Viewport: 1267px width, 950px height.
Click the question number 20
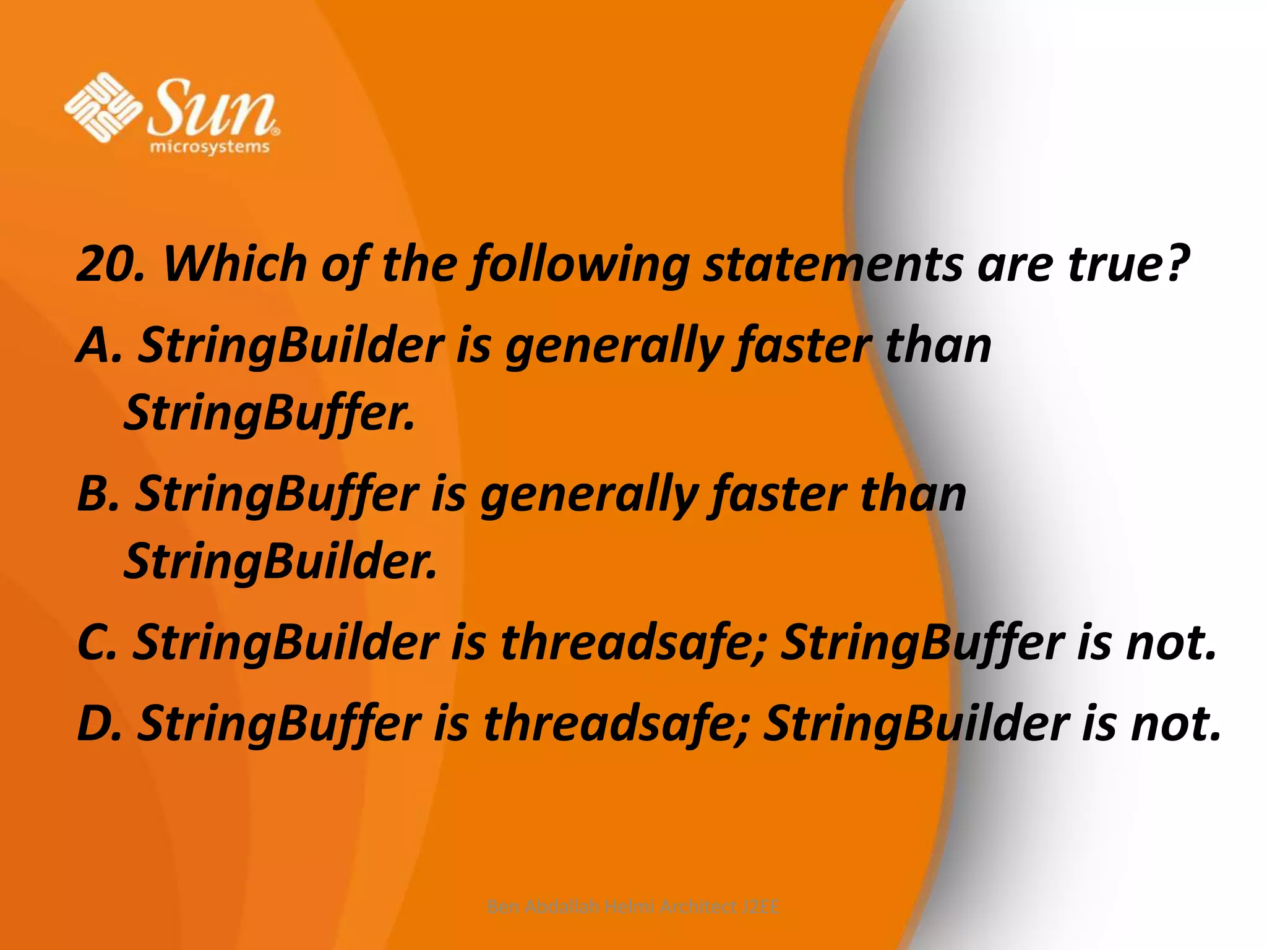coord(106,264)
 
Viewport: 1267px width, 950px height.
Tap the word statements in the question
coord(833,264)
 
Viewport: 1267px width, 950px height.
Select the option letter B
coord(97,495)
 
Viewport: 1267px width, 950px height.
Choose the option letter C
coord(95,643)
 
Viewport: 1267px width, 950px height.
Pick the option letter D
coord(98,724)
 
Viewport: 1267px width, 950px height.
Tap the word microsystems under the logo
coord(210,147)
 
